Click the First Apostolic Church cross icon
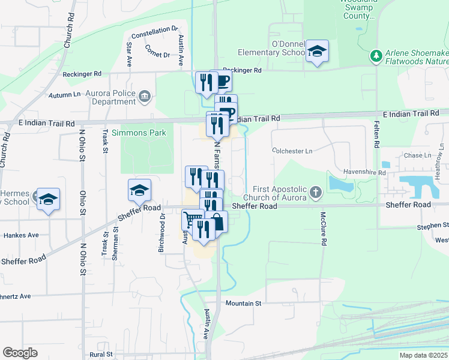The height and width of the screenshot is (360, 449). (316, 193)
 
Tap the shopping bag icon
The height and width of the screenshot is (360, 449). (217, 221)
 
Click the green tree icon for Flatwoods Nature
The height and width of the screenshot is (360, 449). (376, 56)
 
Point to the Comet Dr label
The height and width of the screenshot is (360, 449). (157, 55)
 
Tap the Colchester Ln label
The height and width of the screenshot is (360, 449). (292, 151)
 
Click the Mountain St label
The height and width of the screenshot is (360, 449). (244, 304)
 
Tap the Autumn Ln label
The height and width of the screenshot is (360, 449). (65, 95)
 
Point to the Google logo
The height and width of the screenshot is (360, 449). (20, 353)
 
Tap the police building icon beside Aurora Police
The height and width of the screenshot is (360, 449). (144, 96)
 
